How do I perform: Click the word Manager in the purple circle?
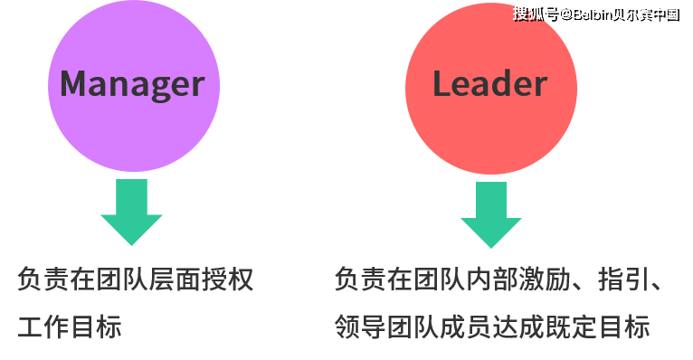coord(132,84)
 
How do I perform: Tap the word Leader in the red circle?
coord(489,84)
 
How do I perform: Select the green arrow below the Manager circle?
coord(131,212)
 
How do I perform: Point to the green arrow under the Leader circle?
coord(490,214)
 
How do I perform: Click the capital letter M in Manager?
coord(75,84)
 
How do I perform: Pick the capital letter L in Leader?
coord(441,84)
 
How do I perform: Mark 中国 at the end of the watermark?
coord(665,14)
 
